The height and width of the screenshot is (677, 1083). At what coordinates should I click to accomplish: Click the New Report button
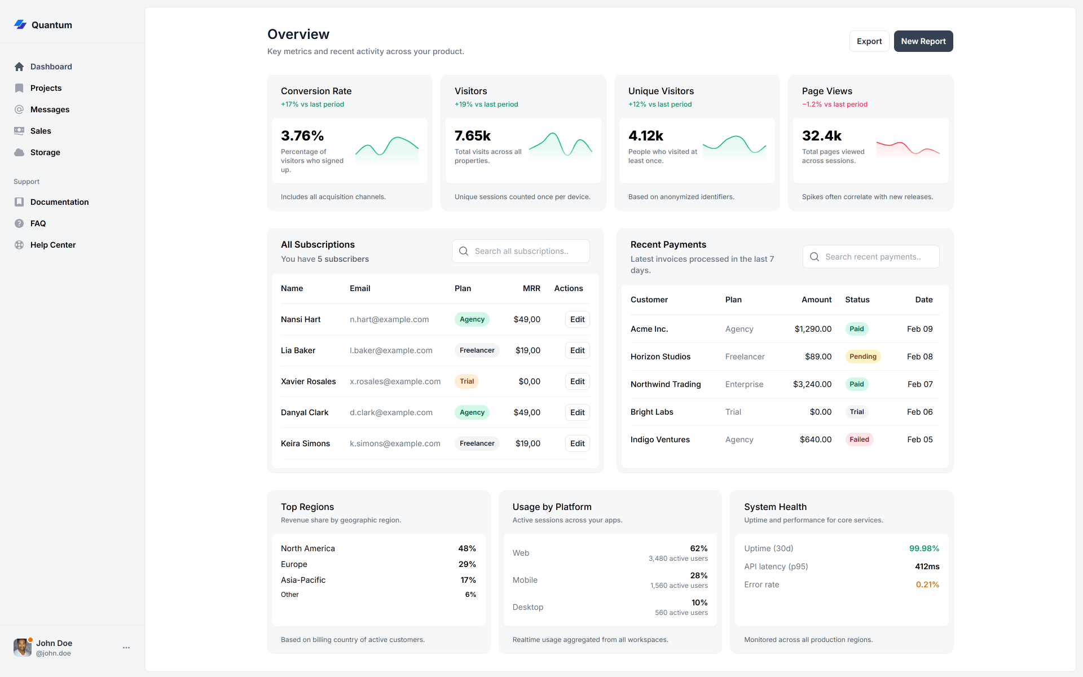(923, 41)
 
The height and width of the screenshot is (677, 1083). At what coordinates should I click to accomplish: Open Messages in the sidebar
(50, 109)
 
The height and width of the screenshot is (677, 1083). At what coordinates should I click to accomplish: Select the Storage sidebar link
(45, 152)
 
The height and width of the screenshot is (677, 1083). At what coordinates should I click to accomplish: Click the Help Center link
(52, 245)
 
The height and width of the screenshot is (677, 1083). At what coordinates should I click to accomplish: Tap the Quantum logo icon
(20, 24)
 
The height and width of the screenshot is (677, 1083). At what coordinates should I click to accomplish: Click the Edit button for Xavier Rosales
(577, 381)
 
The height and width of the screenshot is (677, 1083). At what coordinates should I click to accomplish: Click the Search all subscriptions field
(521, 251)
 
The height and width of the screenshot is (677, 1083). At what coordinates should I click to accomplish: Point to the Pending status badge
(862, 357)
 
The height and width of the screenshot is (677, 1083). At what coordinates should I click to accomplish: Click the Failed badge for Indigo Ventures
(859, 439)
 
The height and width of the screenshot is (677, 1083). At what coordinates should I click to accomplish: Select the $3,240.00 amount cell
(812, 384)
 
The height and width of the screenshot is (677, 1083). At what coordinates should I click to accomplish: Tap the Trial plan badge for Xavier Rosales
(466, 381)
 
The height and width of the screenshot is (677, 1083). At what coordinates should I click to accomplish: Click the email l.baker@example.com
(391, 350)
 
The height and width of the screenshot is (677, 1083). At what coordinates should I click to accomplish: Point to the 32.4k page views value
(821, 136)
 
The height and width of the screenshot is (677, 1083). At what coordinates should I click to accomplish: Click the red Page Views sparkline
(907, 150)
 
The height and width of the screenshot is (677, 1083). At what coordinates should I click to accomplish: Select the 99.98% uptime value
(923, 548)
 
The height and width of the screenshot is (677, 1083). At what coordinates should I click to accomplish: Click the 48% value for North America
(466, 548)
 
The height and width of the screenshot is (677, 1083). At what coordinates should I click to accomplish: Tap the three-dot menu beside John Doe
(126, 648)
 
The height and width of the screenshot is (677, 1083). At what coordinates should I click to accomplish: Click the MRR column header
(531, 288)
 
